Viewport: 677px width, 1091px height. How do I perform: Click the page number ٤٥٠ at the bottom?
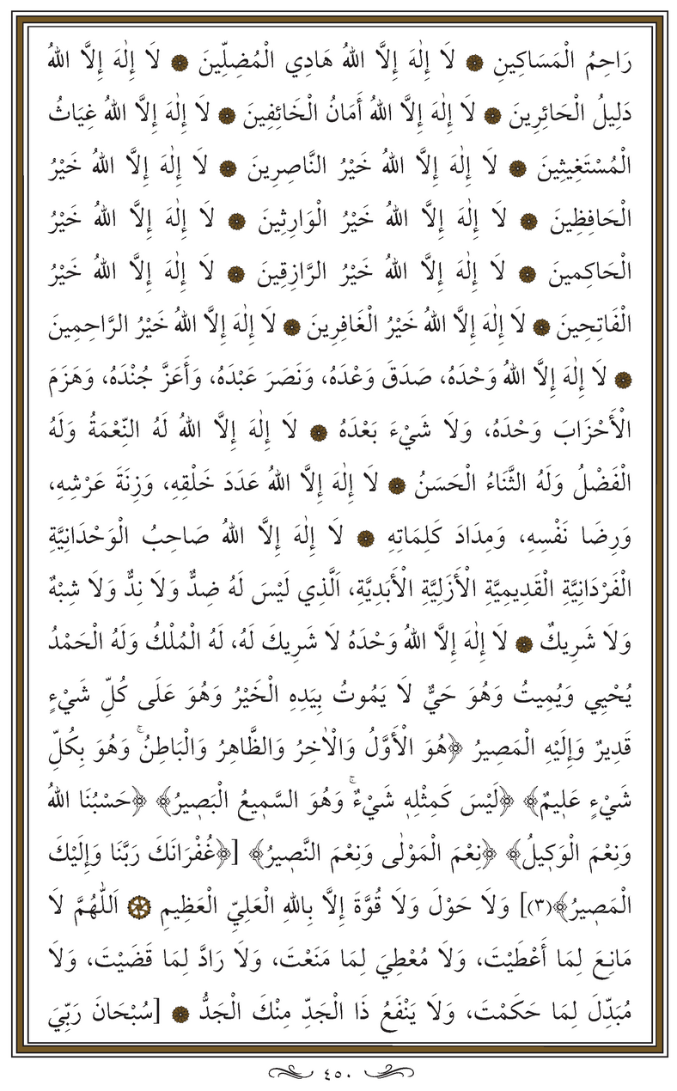[x=338, y=1072]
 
